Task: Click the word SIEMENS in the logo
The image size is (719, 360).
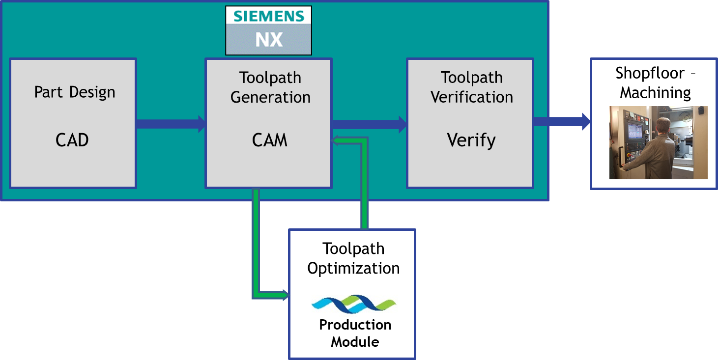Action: tap(269, 16)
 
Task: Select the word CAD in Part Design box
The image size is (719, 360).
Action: tap(72, 140)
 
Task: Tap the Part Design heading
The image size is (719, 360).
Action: tap(75, 92)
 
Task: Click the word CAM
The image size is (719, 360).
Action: tap(269, 140)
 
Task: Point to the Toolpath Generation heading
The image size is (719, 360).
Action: tap(270, 87)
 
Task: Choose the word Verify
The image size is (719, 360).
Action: tap(471, 140)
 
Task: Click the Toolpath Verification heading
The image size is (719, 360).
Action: tap(472, 87)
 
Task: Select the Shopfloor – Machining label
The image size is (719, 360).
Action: tap(655, 83)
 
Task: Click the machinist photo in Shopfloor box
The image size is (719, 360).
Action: tap(658, 142)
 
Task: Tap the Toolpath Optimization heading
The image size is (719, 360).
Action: tap(353, 258)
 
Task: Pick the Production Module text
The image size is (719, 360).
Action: tap(355, 333)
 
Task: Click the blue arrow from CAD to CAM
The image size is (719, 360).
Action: tap(170, 124)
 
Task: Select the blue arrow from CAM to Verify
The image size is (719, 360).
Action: tap(369, 124)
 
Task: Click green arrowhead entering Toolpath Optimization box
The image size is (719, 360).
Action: tap(284, 295)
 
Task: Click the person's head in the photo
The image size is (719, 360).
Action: tap(663, 125)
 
